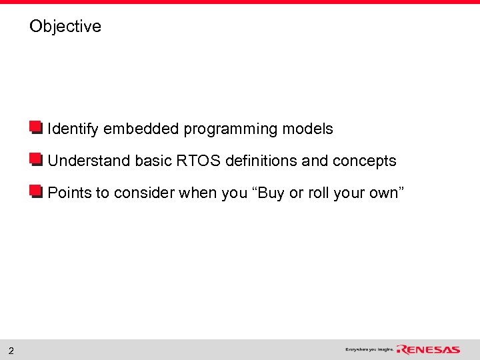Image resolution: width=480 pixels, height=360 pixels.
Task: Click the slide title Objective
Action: [65, 27]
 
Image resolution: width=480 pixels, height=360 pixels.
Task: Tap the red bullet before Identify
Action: [36, 128]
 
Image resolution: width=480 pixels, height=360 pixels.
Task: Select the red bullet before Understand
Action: [36, 160]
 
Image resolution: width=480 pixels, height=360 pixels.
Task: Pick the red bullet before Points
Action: [36, 192]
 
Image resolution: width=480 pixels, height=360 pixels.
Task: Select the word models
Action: [307, 129]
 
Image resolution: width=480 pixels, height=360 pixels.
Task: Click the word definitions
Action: [261, 161]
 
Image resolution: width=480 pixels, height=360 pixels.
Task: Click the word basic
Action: [153, 161]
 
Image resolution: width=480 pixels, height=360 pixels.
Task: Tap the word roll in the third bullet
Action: [319, 193]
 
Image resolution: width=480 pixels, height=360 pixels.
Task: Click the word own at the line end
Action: [385, 193]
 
